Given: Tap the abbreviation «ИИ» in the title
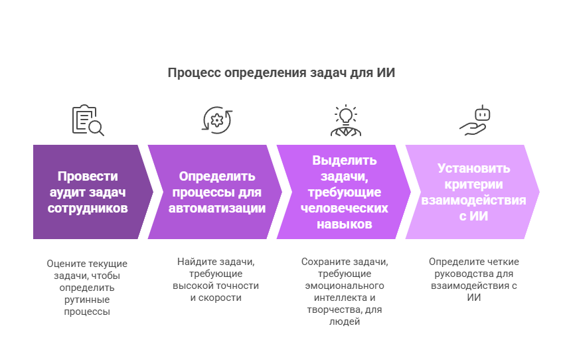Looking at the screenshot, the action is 386,72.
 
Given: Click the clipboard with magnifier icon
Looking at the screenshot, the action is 88,120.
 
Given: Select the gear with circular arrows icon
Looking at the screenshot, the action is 217,120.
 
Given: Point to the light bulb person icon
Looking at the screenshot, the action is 346,120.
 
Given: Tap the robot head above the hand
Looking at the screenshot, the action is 483,114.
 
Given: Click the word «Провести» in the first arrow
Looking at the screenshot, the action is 88,176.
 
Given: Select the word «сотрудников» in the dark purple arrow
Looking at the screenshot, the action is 88,208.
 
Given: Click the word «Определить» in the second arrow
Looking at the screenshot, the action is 217,176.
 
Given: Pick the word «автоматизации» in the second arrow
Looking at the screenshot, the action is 217,208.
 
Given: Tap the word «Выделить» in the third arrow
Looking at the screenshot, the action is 345,160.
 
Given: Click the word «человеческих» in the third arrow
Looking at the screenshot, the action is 345,208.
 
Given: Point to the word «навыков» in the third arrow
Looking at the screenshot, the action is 345,225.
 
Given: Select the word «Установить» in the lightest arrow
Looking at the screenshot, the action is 473,168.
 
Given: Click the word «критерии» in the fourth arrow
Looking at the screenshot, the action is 473,184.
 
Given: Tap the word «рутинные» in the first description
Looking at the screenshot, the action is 87,300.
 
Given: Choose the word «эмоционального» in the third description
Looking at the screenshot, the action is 345,286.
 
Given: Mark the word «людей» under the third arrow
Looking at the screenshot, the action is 345,321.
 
